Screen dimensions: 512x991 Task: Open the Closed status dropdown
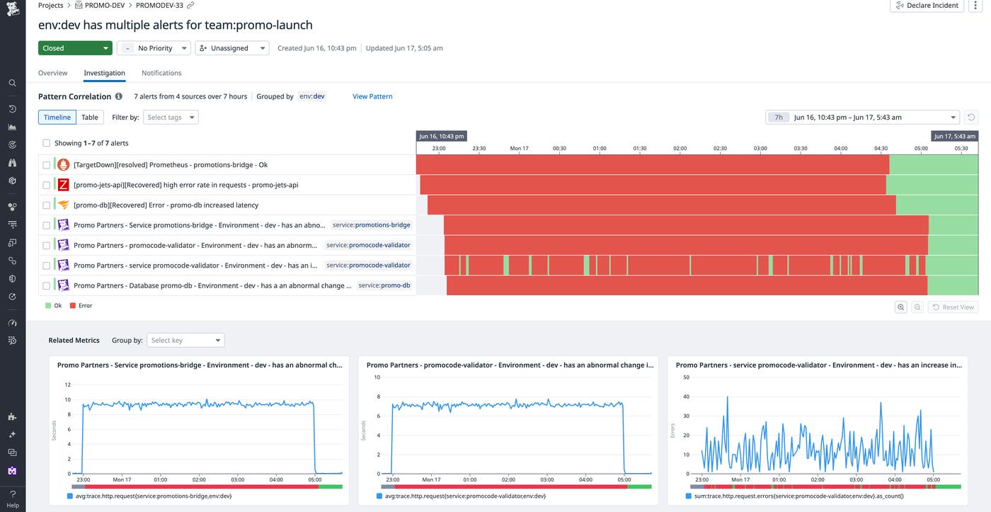(75, 48)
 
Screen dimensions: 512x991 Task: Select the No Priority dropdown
(154, 48)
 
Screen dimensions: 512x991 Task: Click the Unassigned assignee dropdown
(232, 48)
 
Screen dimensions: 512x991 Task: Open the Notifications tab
(161, 73)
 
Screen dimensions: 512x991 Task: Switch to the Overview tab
(52, 73)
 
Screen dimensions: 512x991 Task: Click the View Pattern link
(372, 96)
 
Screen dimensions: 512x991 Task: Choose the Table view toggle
(90, 117)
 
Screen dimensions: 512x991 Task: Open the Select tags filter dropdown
(171, 117)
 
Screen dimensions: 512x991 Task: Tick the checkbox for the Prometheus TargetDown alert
(47, 165)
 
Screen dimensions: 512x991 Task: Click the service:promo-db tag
(384, 285)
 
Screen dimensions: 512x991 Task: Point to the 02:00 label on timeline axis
(680, 149)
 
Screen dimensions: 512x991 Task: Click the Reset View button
(953, 307)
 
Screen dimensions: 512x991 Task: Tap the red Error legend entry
(81, 306)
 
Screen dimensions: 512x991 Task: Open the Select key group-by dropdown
(186, 340)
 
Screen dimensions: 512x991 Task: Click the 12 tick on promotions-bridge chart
(67, 385)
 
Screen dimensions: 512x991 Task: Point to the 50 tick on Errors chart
(686, 377)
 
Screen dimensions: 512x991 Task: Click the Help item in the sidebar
(13, 499)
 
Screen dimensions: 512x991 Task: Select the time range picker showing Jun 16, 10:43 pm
(861, 117)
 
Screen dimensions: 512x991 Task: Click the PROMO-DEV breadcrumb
(104, 5)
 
